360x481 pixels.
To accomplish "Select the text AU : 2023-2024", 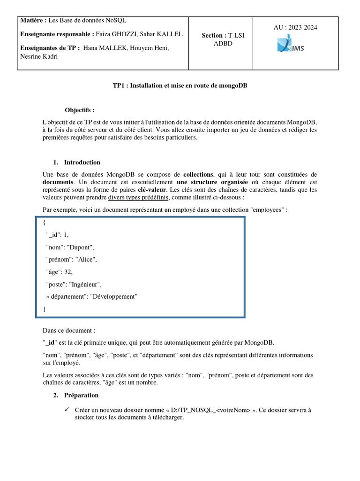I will (x=295, y=28).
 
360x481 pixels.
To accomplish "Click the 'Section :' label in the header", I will (x=214, y=36).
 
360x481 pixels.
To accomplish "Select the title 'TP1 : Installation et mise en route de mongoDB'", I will (x=180, y=86).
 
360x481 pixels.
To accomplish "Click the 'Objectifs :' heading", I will (x=80, y=110).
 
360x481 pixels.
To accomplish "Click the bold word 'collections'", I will (x=200, y=174).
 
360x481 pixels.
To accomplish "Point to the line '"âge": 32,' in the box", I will (x=59, y=272).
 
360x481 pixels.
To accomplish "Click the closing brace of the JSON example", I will (x=45, y=309).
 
